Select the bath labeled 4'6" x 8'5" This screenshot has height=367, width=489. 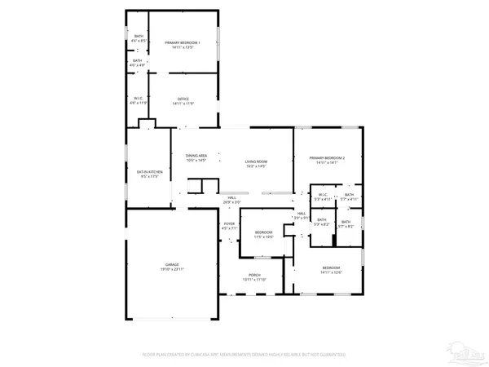[x=138, y=38]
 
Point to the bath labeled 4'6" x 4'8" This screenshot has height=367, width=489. [x=138, y=62]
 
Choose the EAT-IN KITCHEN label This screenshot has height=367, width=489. [x=150, y=172]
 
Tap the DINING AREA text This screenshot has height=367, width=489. [x=196, y=156]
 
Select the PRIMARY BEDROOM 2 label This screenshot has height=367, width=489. [x=326, y=157]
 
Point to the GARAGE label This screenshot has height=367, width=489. [x=172, y=266]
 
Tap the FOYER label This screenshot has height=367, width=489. [x=229, y=224]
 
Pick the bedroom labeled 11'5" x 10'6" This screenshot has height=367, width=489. [x=262, y=233]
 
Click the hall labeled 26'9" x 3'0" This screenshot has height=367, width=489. [x=232, y=198]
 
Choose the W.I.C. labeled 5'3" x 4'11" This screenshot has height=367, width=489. [x=323, y=196]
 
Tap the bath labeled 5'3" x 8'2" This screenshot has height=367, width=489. [x=323, y=222]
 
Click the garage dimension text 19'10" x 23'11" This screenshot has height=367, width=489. [x=172, y=270]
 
